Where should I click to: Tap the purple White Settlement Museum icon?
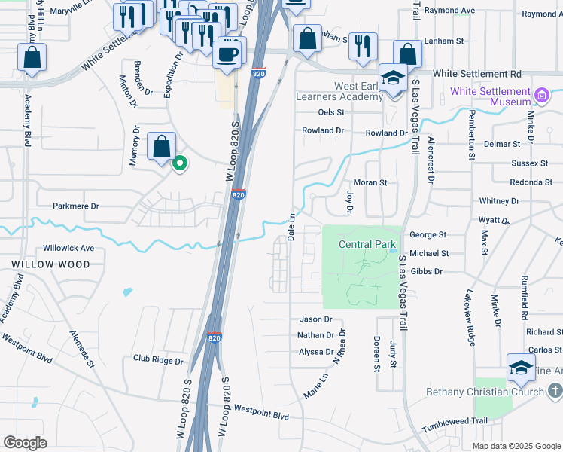pos(542,96)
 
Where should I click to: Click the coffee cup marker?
pos(228,53)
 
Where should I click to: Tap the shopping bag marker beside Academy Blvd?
pos(32,57)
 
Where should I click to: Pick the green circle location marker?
pos(179,163)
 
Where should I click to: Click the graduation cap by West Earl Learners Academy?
pos(393,79)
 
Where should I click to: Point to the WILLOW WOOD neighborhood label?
pos(50,264)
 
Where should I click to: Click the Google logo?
pos(25,443)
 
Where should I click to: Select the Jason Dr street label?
pos(316,319)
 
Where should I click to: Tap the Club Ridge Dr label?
pos(158,361)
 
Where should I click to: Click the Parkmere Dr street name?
pos(76,206)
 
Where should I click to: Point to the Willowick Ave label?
pos(68,248)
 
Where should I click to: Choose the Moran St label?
pos(370,182)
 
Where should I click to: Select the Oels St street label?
pos(331,112)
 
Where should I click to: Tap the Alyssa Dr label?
pos(316,352)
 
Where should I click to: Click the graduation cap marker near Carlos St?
pos(521,367)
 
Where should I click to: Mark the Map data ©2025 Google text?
pos(516,446)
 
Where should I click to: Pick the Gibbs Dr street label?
pos(427,271)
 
